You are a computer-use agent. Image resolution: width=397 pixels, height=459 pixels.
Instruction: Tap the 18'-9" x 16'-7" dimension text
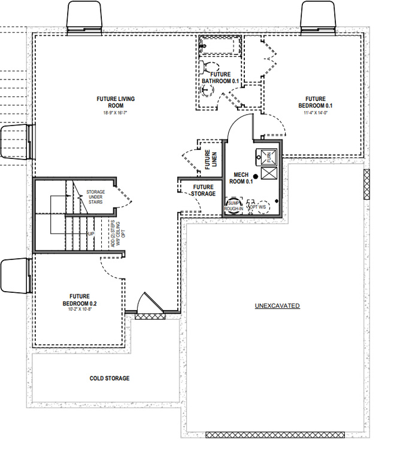(x=115, y=112)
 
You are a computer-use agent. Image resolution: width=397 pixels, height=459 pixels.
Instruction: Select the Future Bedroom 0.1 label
(x=315, y=102)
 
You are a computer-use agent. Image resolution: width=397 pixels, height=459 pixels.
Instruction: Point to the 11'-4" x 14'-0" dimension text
(x=315, y=112)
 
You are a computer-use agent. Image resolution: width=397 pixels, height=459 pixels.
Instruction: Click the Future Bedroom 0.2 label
(x=79, y=299)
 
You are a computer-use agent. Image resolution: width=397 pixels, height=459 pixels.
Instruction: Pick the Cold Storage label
(x=110, y=378)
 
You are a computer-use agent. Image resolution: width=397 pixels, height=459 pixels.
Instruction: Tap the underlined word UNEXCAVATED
(x=277, y=306)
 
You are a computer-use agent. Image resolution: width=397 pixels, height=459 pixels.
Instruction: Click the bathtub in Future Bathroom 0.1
(x=219, y=45)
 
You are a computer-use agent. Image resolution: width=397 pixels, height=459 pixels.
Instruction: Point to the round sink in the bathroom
(x=207, y=90)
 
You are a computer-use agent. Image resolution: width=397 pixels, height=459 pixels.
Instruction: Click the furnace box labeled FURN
(x=268, y=157)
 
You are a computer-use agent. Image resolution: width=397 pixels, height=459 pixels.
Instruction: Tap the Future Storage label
(x=203, y=190)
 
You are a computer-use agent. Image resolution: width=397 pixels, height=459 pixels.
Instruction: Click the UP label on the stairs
(x=91, y=233)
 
